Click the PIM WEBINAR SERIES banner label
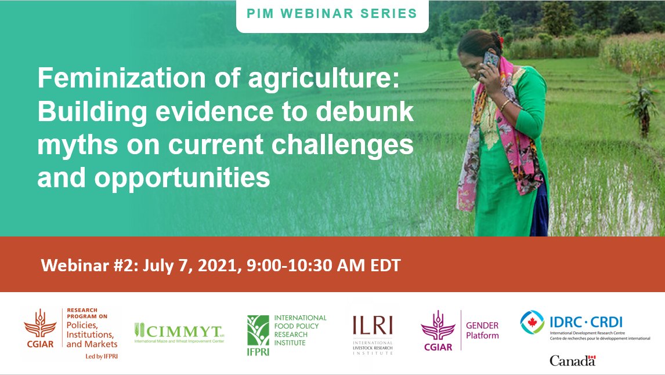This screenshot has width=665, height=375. [332, 13]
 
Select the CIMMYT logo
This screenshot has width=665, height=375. [179, 332]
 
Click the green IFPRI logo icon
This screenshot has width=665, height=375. [258, 331]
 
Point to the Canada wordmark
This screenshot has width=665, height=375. [572, 361]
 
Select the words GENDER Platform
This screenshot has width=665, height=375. [482, 330]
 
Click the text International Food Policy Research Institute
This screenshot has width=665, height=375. [300, 330]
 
